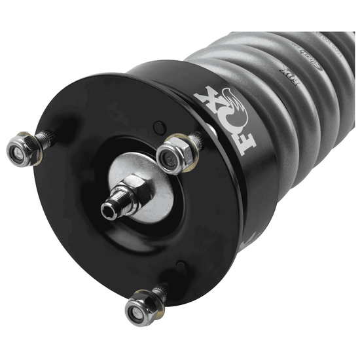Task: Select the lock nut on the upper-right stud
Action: tap(173, 154)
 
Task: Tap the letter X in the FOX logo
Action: tap(204, 99)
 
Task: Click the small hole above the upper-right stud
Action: tap(156, 126)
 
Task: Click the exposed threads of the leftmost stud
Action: tap(45, 138)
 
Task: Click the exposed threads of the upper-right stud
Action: tap(194, 139)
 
